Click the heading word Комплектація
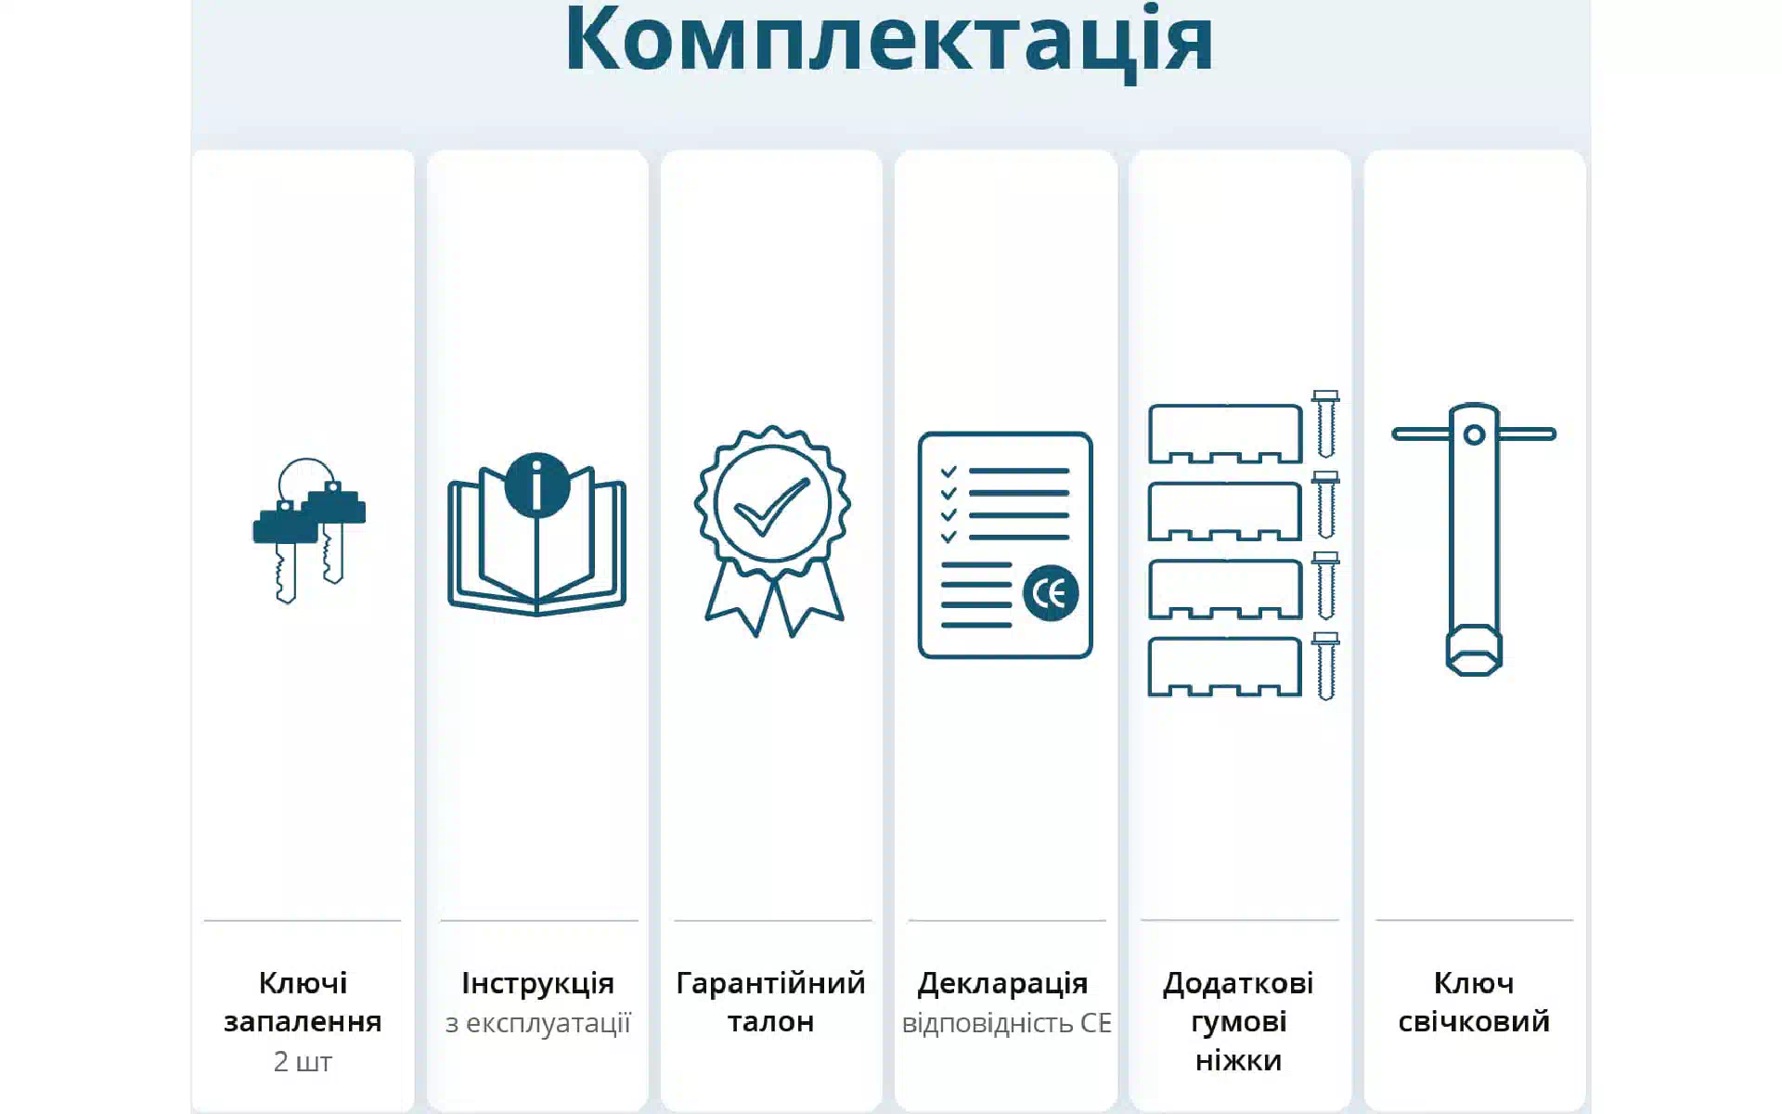click(889, 39)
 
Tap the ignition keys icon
click(309, 530)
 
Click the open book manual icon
click(537, 548)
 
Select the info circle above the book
click(537, 485)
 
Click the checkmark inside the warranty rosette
click(771, 507)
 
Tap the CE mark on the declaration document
click(1051, 593)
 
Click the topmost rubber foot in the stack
click(1225, 434)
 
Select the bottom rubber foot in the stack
click(1225, 667)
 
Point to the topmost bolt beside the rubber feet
click(1325, 424)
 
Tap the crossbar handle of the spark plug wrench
click(1474, 434)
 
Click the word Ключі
click(303, 982)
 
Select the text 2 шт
click(303, 1061)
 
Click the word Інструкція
click(537, 982)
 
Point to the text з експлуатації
click(537, 1023)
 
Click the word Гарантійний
click(770, 982)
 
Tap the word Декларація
click(1002, 983)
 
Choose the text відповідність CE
click(1006, 1023)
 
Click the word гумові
click(1238, 1022)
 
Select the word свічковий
click(1474, 1021)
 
